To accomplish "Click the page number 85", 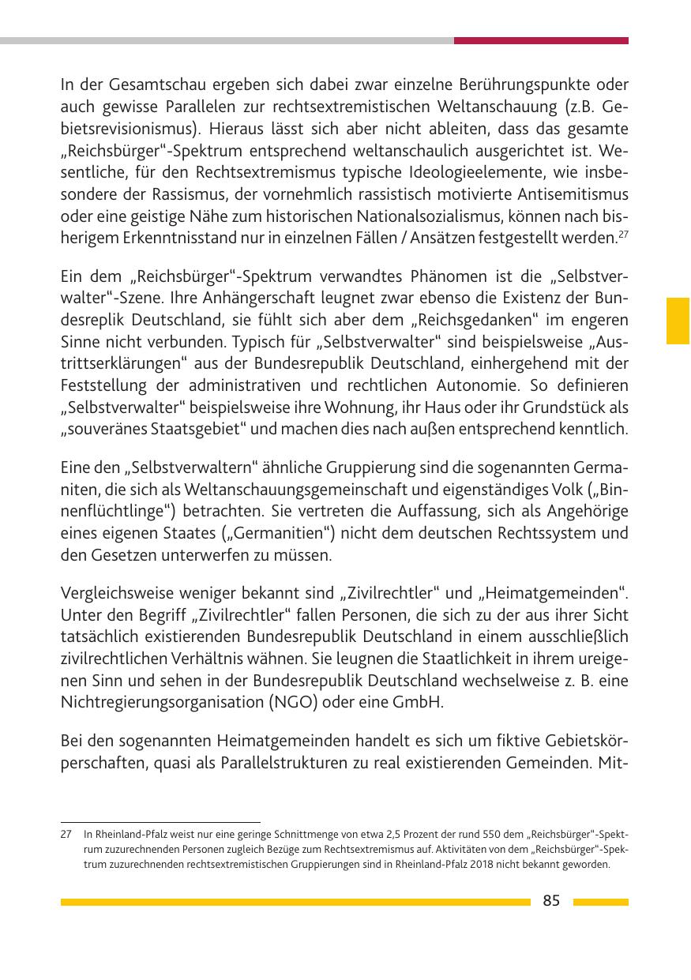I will pyautogui.click(x=551, y=901).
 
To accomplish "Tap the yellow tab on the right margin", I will pyautogui.click(x=678, y=321).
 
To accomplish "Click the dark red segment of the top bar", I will pyautogui.click(x=541, y=40).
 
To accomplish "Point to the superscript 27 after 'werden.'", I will pyautogui.click(x=622, y=233).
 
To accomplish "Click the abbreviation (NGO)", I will pyautogui.click(x=280, y=702).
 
